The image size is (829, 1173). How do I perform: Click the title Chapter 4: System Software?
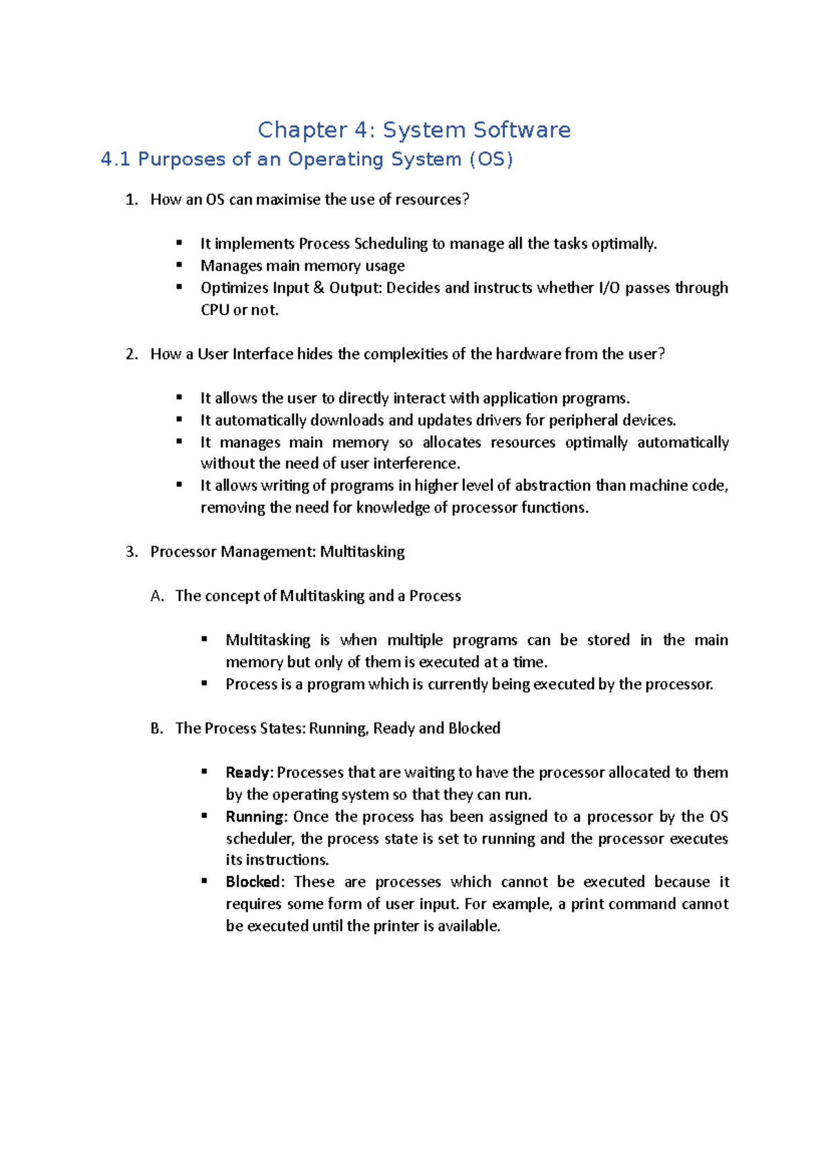(x=414, y=130)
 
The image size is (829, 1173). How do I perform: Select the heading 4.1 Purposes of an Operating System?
(x=307, y=160)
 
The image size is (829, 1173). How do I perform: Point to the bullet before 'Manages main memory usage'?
(x=179, y=265)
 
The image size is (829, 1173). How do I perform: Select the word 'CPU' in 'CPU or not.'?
(x=214, y=310)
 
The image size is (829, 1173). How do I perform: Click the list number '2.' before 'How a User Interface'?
(x=132, y=354)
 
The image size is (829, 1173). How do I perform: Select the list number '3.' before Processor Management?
(x=132, y=552)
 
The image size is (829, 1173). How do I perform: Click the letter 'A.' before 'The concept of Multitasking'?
(x=157, y=596)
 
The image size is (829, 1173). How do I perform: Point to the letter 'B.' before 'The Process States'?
(x=157, y=729)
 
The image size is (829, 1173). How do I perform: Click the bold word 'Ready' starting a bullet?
(x=247, y=773)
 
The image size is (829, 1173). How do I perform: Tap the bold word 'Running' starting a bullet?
(x=254, y=817)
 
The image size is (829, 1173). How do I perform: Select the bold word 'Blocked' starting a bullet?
(x=252, y=882)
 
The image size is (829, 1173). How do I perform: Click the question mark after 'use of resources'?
(x=466, y=200)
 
